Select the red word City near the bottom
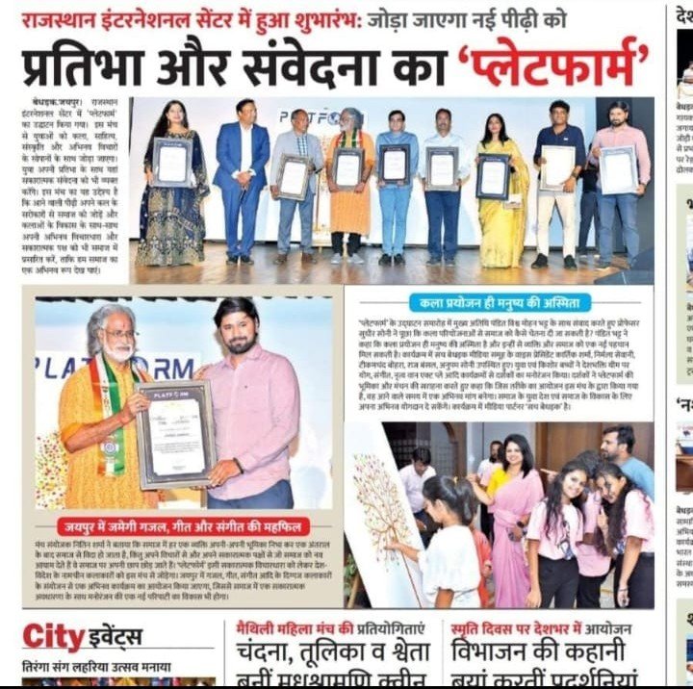[x=54, y=636]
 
